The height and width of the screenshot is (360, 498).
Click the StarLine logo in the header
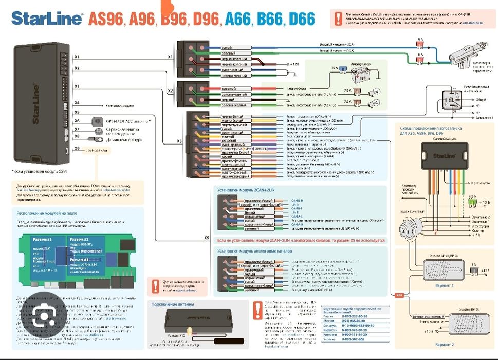click(x=47, y=19)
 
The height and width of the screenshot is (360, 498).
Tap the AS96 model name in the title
click(x=106, y=19)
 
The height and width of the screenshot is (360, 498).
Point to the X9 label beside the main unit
click(x=77, y=149)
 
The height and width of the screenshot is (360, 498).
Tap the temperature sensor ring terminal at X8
click(x=96, y=139)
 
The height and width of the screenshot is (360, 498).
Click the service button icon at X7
click(x=97, y=130)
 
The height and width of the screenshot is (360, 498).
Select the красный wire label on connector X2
click(x=228, y=88)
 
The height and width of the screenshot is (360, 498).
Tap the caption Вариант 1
click(x=444, y=285)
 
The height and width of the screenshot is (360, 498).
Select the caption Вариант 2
click(x=444, y=344)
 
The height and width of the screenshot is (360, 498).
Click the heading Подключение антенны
click(x=172, y=304)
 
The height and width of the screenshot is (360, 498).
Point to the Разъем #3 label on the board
click(x=42, y=240)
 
